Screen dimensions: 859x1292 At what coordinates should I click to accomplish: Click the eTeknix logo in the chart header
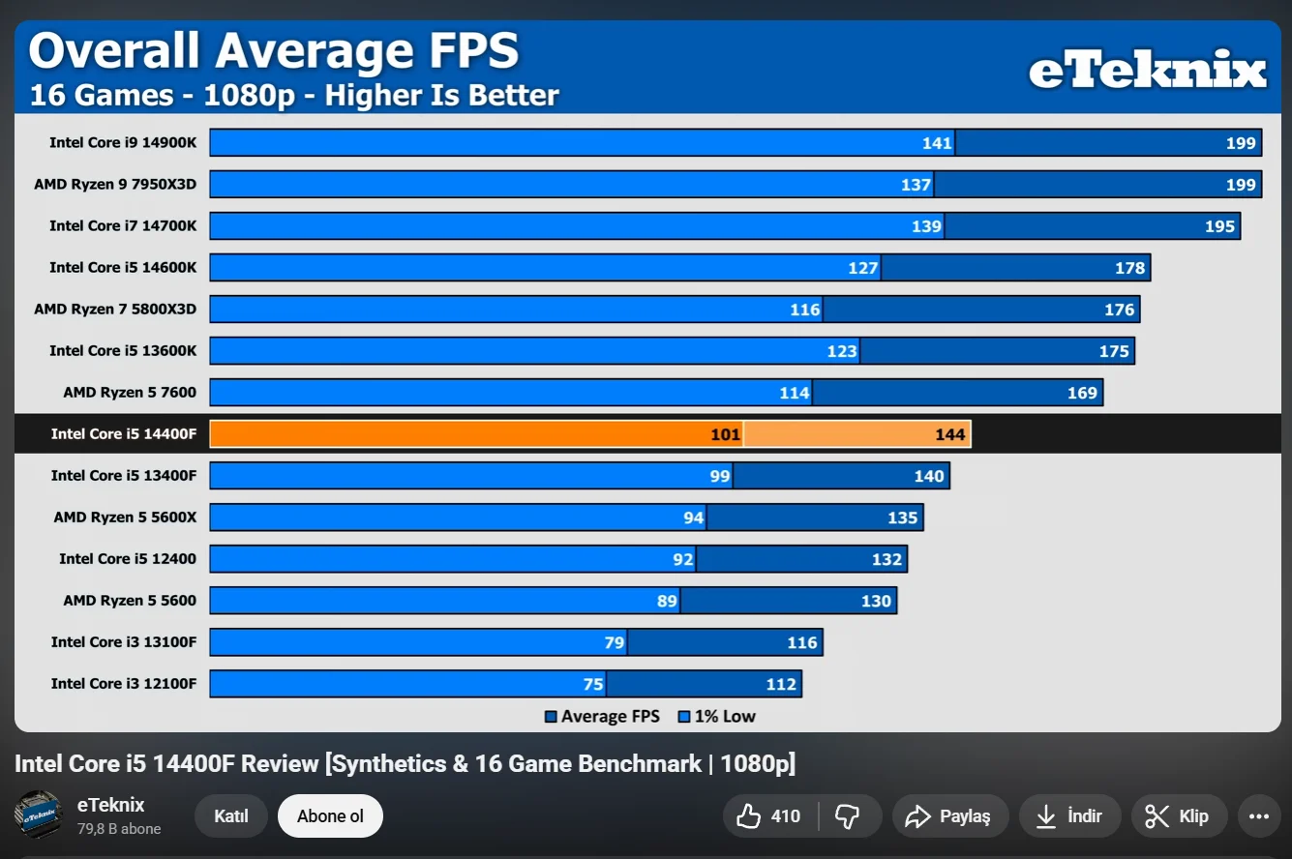point(1147,71)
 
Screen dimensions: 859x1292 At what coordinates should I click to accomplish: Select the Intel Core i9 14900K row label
point(123,142)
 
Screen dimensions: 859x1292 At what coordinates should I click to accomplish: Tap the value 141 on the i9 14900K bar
point(937,143)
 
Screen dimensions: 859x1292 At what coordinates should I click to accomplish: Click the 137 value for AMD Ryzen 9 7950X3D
point(916,185)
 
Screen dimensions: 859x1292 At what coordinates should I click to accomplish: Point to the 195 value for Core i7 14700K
point(1219,226)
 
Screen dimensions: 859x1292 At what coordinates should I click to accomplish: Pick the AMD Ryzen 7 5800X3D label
point(115,309)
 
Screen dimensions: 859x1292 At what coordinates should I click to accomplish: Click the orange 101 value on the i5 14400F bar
point(725,434)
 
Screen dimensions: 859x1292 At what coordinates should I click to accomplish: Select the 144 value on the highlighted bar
point(950,434)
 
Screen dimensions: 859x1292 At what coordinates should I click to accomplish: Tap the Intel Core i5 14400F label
point(124,433)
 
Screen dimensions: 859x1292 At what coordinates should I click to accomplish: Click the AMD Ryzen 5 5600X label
point(125,517)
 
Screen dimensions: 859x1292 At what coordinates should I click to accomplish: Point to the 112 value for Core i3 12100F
point(781,685)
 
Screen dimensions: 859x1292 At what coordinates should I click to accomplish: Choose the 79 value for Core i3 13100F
point(615,643)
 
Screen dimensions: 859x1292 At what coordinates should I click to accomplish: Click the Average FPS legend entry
point(602,717)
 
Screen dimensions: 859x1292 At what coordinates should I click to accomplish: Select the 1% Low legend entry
point(716,717)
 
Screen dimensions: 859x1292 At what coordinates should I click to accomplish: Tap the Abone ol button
point(330,816)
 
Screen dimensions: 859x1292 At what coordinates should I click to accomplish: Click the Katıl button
point(231,816)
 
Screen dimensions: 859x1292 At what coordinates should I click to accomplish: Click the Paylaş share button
point(949,816)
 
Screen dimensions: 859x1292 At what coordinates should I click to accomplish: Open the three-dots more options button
point(1258,816)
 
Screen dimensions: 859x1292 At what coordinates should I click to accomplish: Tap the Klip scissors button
point(1179,816)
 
